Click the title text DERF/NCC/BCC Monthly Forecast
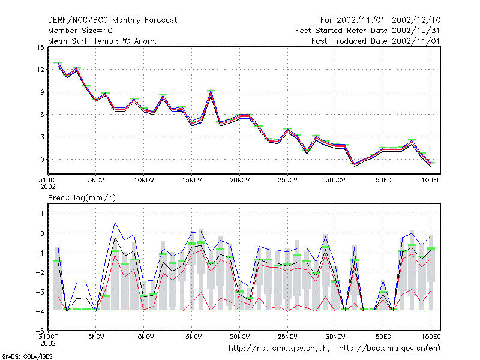[x=112, y=20]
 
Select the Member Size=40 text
[x=80, y=31]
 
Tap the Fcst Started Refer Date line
[x=367, y=31]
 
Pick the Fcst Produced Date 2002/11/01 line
[x=376, y=41]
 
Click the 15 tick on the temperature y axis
[x=40, y=47]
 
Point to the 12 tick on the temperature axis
[x=40, y=70]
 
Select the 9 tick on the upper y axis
[x=42, y=92]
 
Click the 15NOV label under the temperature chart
[x=192, y=181]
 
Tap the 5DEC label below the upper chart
[x=383, y=181]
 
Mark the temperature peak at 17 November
[x=211, y=91]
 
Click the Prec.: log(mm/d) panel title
[x=82, y=198]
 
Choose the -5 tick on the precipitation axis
[x=40, y=331]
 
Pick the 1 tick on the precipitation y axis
[x=42, y=214]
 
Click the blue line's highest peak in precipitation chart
[x=115, y=222]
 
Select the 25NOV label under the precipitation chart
[x=287, y=337]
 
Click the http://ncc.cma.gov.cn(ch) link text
[x=279, y=349]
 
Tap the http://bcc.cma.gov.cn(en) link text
[x=389, y=349]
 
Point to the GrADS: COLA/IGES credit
[x=27, y=356]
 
